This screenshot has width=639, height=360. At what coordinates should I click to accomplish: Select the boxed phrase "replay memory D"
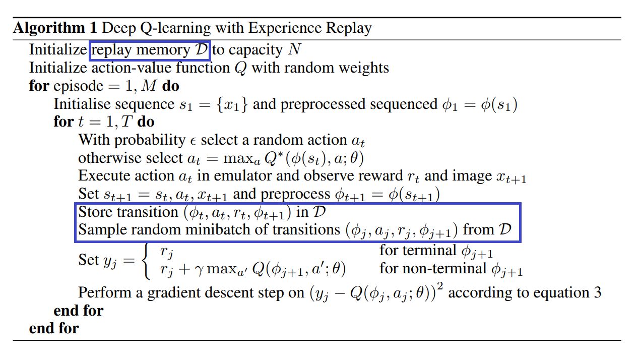150,50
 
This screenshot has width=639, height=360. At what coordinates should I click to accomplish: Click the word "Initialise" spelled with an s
82,104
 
